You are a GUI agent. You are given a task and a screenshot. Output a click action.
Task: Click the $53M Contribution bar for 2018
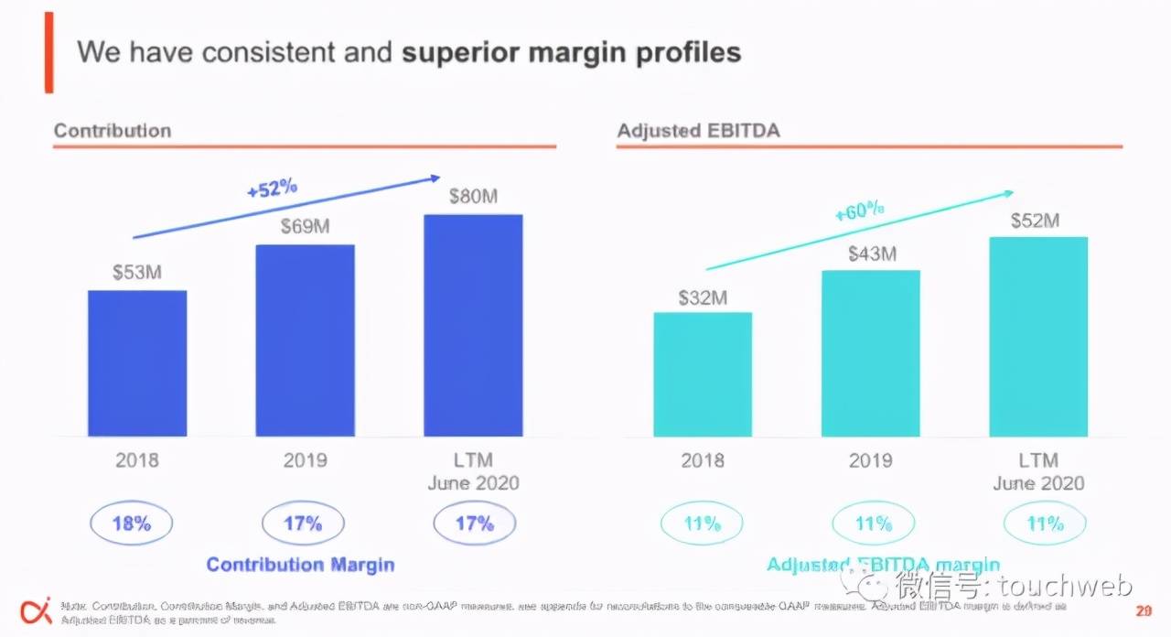click(137, 363)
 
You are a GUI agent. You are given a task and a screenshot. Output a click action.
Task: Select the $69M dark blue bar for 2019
click(305, 340)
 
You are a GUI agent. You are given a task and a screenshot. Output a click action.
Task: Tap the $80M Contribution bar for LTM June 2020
click(473, 325)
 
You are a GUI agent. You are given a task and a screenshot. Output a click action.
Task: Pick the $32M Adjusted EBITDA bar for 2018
click(703, 374)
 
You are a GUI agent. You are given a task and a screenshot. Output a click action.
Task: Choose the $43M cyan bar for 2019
click(871, 353)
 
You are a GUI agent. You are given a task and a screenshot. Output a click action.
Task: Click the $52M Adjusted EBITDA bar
click(1038, 337)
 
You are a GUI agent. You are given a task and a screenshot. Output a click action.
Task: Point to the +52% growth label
click(273, 189)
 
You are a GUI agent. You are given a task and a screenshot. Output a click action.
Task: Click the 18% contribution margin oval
click(131, 524)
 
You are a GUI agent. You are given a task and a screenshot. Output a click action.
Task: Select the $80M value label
click(473, 197)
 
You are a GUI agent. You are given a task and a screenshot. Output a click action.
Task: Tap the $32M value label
click(703, 297)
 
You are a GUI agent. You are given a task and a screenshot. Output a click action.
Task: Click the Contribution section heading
click(113, 130)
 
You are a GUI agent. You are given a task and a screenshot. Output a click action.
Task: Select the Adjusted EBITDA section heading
click(698, 130)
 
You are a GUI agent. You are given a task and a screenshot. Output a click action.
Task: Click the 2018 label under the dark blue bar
click(137, 460)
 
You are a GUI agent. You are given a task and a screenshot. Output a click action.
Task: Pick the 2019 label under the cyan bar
click(870, 460)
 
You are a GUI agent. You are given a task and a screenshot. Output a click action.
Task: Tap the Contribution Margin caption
click(300, 565)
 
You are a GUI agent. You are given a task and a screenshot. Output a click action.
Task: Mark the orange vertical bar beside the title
click(48, 52)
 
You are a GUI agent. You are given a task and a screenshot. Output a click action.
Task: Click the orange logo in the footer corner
click(36, 610)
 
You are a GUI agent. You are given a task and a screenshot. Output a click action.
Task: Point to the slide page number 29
click(1144, 611)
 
